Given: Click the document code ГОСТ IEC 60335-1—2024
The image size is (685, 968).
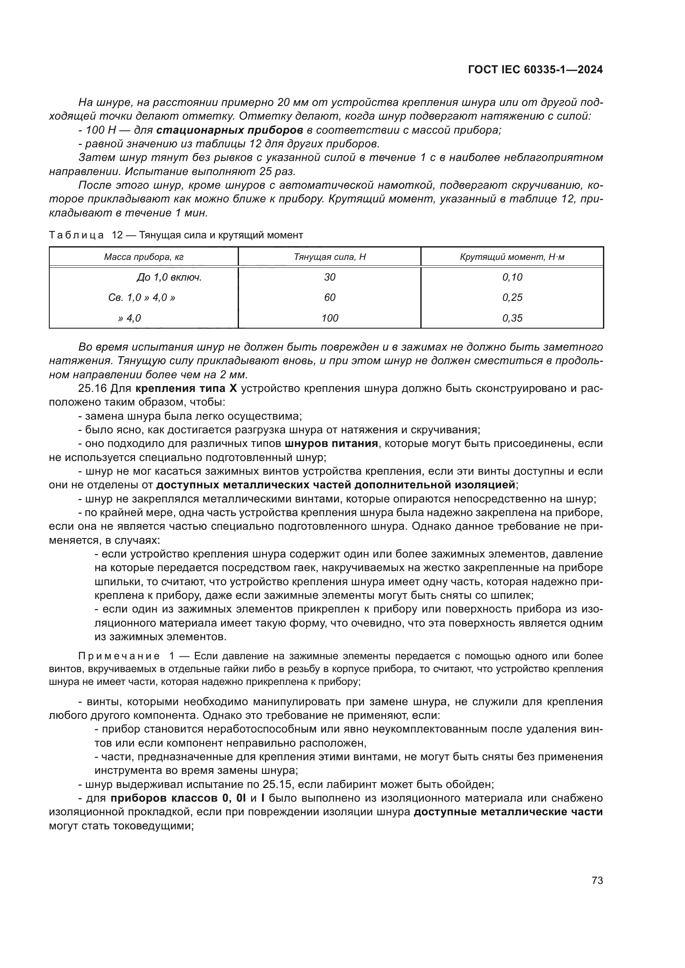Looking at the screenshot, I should (535, 70).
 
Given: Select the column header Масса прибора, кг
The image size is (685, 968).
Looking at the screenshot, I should (143, 257).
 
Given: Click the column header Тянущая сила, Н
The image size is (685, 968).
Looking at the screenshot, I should (329, 257).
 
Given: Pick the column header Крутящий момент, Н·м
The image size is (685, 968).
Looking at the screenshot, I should (512, 257).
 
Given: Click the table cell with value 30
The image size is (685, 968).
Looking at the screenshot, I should (329, 277).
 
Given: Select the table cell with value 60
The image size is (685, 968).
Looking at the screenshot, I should (329, 298).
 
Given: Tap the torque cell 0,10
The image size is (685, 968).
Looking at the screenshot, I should (512, 277).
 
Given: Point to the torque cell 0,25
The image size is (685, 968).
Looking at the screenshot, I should (512, 298).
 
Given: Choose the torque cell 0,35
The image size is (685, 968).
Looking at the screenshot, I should (512, 318).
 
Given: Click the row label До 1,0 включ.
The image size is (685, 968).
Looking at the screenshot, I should (169, 277).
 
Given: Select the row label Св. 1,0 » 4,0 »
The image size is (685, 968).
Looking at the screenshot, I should (141, 298).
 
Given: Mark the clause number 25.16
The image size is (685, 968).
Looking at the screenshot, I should (92, 388).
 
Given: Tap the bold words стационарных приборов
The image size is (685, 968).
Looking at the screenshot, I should (229, 130).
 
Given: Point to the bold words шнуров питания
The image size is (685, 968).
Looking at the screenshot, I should (330, 444).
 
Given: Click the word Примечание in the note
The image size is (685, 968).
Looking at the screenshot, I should (119, 656).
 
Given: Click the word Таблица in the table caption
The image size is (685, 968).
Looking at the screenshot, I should (76, 235).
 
